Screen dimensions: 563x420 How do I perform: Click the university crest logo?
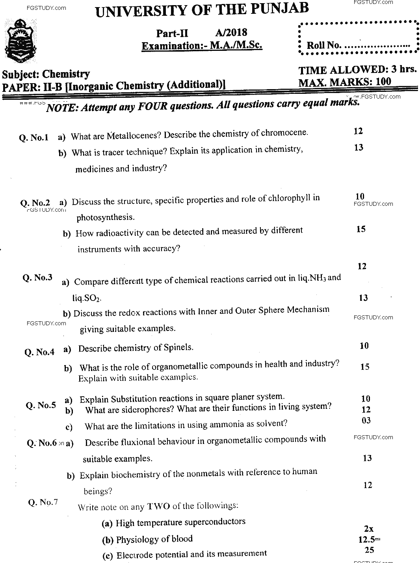pos(19,42)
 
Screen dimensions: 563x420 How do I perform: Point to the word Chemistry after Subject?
pos(66,74)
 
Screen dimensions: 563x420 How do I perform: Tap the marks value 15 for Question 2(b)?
pos(361,229)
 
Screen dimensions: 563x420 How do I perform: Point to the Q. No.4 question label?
pos(39,352)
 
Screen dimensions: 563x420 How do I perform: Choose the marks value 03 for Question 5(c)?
pos(366,420)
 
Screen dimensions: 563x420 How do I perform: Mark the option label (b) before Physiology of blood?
pos(108,540)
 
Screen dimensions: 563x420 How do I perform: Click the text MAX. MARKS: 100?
pos(345,82)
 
